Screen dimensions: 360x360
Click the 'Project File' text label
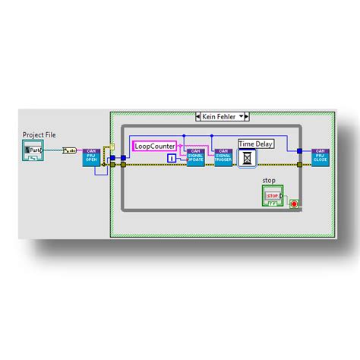coord(39,134)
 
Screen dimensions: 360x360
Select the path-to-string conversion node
coord(69,151)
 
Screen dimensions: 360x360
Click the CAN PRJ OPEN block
coord(92,157)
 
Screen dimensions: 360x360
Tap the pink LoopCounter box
coord(155,145)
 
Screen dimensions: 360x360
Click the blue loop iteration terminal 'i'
coord(172,157)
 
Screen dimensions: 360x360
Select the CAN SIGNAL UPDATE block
coord(196,157)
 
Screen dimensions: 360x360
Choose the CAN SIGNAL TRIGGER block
coord(223,157)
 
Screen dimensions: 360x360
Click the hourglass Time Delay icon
coord(248,157)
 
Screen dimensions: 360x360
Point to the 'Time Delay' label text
coord(255,144)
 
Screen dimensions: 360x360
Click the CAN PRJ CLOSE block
coord(321,157)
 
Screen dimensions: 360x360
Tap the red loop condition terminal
coord(293,204)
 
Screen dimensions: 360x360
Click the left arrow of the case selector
coord(197,117)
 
